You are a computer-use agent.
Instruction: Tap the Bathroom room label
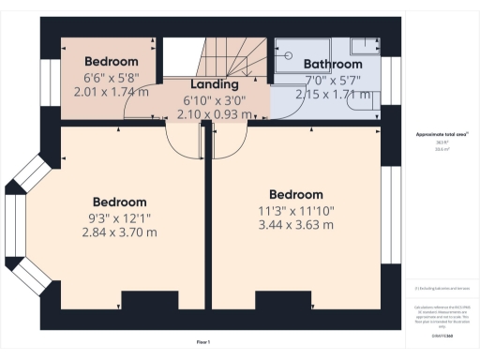(x=333, y=64)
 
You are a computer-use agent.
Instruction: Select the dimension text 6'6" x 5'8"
(x=112, y=78)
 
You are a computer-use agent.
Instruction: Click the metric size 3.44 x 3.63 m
(x=295, y=226)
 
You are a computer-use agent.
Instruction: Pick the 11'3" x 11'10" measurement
(x=295, y=211)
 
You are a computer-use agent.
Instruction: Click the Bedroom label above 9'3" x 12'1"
(x=119, y=202)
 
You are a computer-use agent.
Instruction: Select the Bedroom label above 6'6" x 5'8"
(x=112, y=62)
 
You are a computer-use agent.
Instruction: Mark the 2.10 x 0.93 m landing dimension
(x=214, y=114)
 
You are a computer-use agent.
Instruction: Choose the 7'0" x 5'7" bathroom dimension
(x=333, y=80)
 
